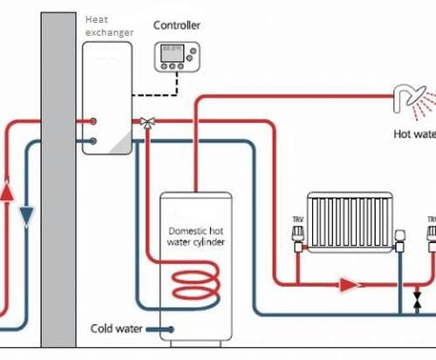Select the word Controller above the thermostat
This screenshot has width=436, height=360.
click(177, 25)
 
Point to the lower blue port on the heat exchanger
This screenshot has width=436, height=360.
click(93, 139)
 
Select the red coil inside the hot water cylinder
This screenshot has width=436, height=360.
click(193, 285)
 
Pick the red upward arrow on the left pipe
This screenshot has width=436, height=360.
click(8, 189)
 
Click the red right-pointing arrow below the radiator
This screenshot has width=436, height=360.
click(349, 283)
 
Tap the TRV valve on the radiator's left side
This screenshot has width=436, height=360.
click(297, 236)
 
